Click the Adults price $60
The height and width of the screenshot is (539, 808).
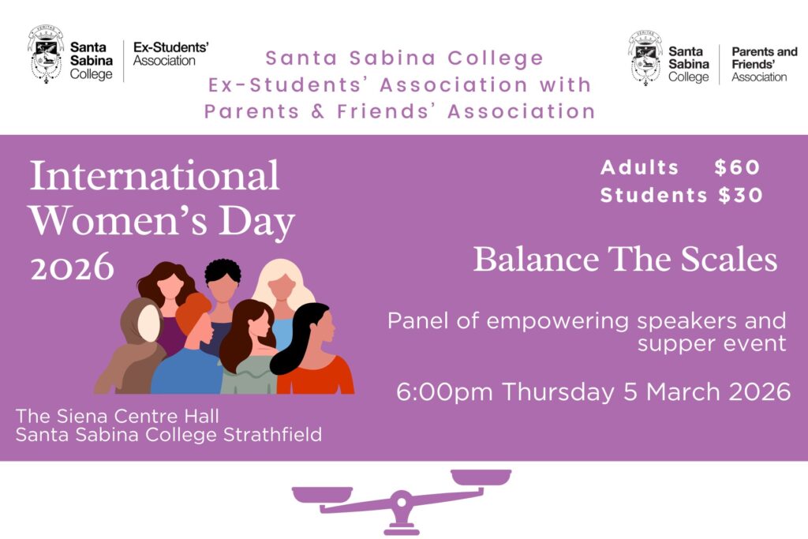point(737,167)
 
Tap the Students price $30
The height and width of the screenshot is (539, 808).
point(740,195)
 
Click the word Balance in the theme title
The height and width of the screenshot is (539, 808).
point(536,259)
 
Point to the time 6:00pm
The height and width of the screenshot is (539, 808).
point(444,392)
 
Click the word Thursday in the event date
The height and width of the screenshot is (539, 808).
point(558,392)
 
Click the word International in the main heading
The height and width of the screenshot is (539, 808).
point(155,176)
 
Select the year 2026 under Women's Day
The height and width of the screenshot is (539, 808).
point(72,267)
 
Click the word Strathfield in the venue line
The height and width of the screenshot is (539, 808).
point(272,434)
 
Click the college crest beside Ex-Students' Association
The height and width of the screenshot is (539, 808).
point(47,54)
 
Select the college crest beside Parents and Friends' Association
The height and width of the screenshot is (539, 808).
point(645,58)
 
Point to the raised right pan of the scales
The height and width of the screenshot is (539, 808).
point(481,477)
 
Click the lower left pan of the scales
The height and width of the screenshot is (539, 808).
point(322,495)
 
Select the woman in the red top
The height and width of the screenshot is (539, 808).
point(314,350)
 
